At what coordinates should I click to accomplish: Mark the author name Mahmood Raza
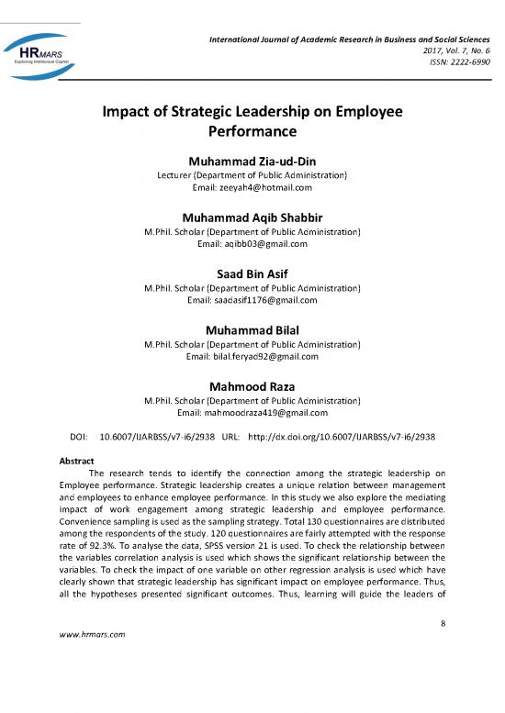[x=252, y=385]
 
